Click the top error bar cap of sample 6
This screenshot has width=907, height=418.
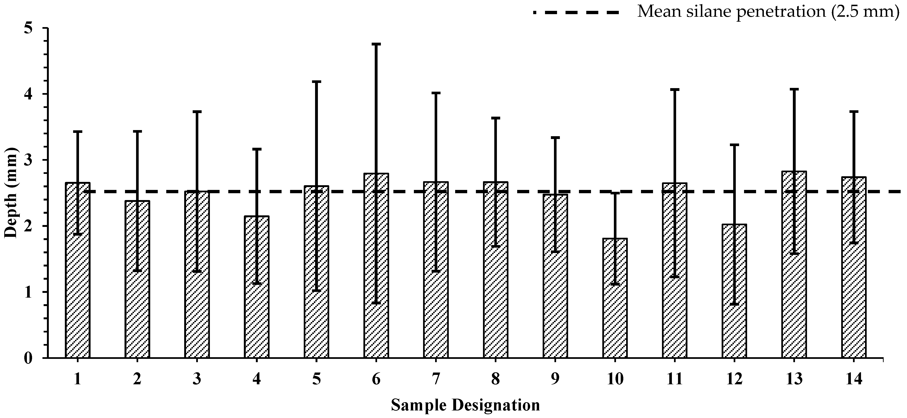click(x=376, y=44)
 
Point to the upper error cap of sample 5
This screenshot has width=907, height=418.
click(x=316, y=81)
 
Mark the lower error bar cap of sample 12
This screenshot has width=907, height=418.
click(x=734, y=304)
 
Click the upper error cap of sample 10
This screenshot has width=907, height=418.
click(x=615, y=193)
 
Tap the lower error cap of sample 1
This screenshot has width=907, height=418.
click(x=78, y=234)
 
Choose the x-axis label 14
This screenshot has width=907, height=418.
click(x=854, y=380)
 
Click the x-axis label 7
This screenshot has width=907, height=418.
click(x=436, y=380)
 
